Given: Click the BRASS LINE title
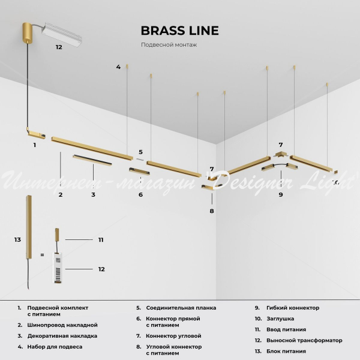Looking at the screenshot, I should click(x=179, y=31).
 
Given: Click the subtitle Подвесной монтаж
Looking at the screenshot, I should click(x=169, y=45).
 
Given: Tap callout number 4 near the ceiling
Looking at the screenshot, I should click(x=118, y=67).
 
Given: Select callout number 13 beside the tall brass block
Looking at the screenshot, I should click(x=17, y=239).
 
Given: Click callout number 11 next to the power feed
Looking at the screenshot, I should click(x=101, y=239).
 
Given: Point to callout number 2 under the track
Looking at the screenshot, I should click(x=61, y=194).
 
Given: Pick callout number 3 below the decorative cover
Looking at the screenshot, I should click(x=93, y=194).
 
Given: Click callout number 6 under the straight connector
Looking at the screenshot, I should click(x=140, y=194).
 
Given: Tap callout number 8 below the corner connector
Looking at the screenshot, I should click(x=211, y=211).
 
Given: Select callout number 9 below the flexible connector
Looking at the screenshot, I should click(x=280, y=194).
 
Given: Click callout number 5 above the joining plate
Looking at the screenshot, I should click(x=140, y=152).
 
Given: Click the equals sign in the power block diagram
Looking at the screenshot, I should click(x=42, y=254).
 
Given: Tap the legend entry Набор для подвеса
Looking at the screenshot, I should click(x=55, y=347).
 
